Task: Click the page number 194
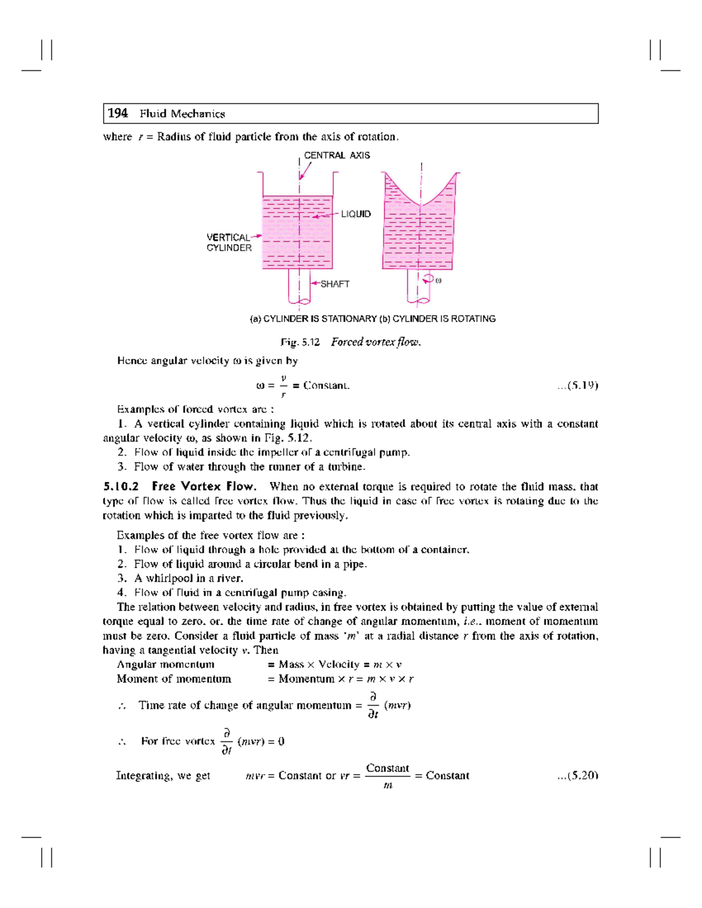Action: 118,113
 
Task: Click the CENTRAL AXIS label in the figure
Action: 336,156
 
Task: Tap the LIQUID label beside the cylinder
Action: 356,214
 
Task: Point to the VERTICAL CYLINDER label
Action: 229,243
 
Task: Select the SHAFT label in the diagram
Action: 335,284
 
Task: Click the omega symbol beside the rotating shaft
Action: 438,281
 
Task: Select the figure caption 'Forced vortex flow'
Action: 376,342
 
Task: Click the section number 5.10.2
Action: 121,486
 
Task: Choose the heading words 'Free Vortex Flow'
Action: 204,486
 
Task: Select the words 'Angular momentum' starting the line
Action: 166,664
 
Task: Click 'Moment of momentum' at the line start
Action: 174,679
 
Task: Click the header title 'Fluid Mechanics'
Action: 182,114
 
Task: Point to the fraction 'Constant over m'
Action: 387,776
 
